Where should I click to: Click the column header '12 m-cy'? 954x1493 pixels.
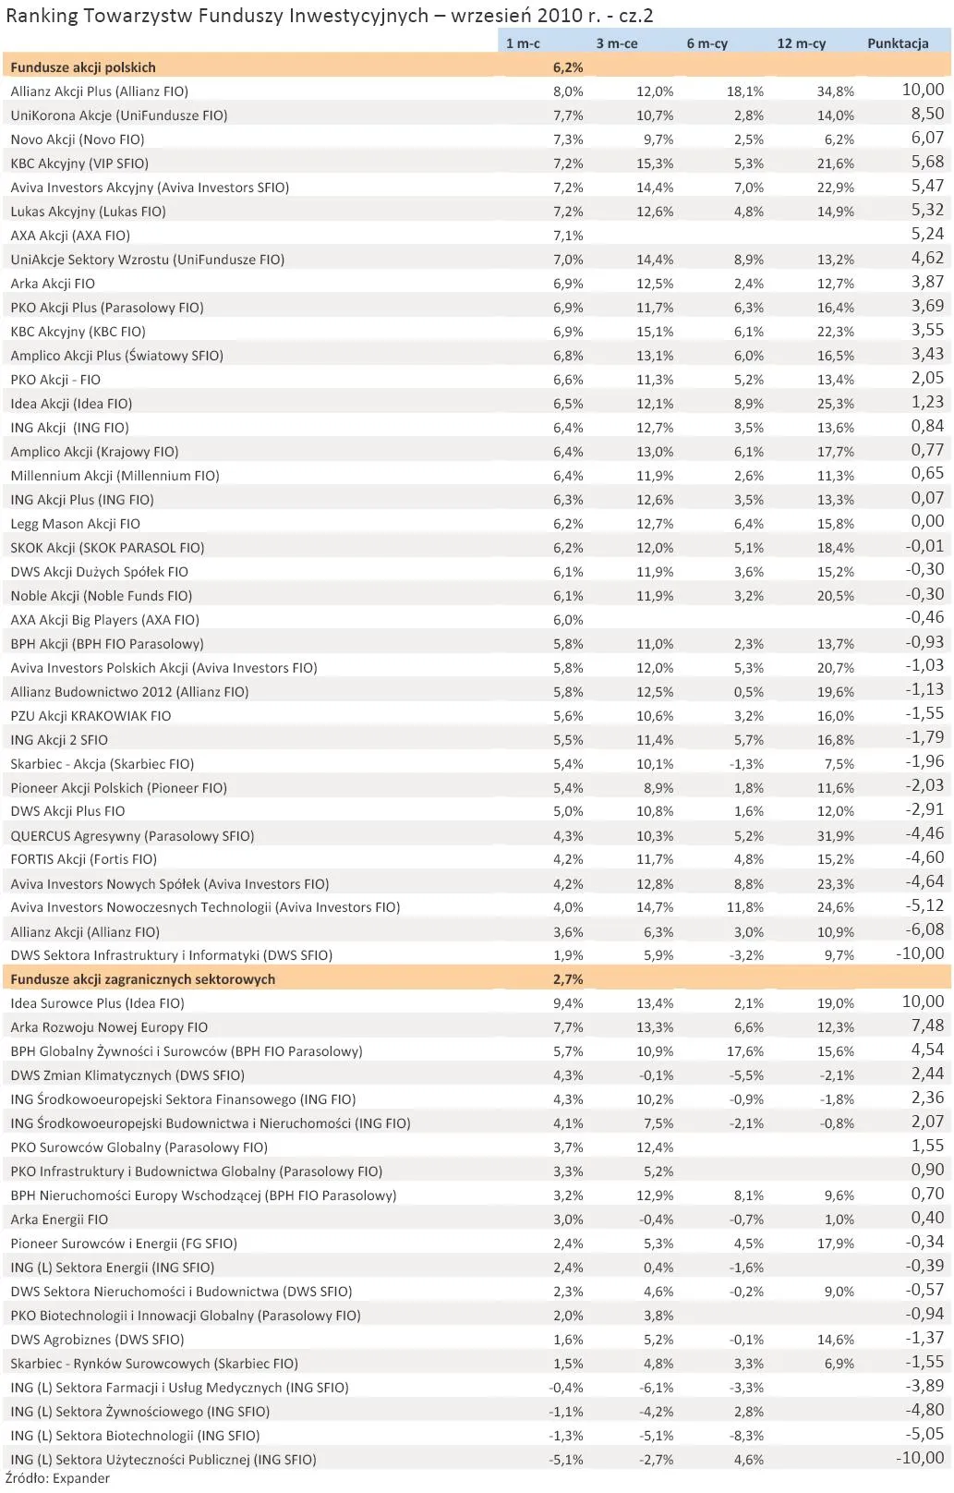pos(801,43)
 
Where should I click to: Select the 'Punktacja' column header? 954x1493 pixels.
pos(897,43)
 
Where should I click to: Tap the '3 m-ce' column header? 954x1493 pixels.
pos(617,43)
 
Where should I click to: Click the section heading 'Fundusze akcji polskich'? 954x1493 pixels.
pos(83,67)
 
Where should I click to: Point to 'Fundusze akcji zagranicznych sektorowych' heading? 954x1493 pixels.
pos(143,979)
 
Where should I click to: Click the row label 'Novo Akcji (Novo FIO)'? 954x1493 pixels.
pos(78,140)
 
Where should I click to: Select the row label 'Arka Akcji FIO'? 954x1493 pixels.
pos(53,284)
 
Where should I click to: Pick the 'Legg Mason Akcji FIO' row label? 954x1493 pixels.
pos(76,524)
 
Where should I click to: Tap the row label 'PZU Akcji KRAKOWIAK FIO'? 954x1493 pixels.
pos(91,716)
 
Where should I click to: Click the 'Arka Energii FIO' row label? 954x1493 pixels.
pos(59,1220)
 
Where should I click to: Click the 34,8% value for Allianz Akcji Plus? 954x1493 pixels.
pos(835,91)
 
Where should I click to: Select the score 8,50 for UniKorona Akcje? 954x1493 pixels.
pos(927,114)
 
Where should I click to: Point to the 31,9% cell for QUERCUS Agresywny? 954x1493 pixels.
pos(835,836)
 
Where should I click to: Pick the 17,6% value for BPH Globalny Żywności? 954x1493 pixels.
pos(744,1051)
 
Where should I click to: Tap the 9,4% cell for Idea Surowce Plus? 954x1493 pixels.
pos(567,1003)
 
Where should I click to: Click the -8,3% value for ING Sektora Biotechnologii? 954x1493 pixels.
pos(746,1436)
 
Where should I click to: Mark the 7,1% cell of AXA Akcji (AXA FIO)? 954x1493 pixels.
pos(567,236)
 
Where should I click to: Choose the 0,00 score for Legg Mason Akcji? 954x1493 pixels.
pos(927,522)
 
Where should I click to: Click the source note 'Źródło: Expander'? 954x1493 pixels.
pos(57,1478)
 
